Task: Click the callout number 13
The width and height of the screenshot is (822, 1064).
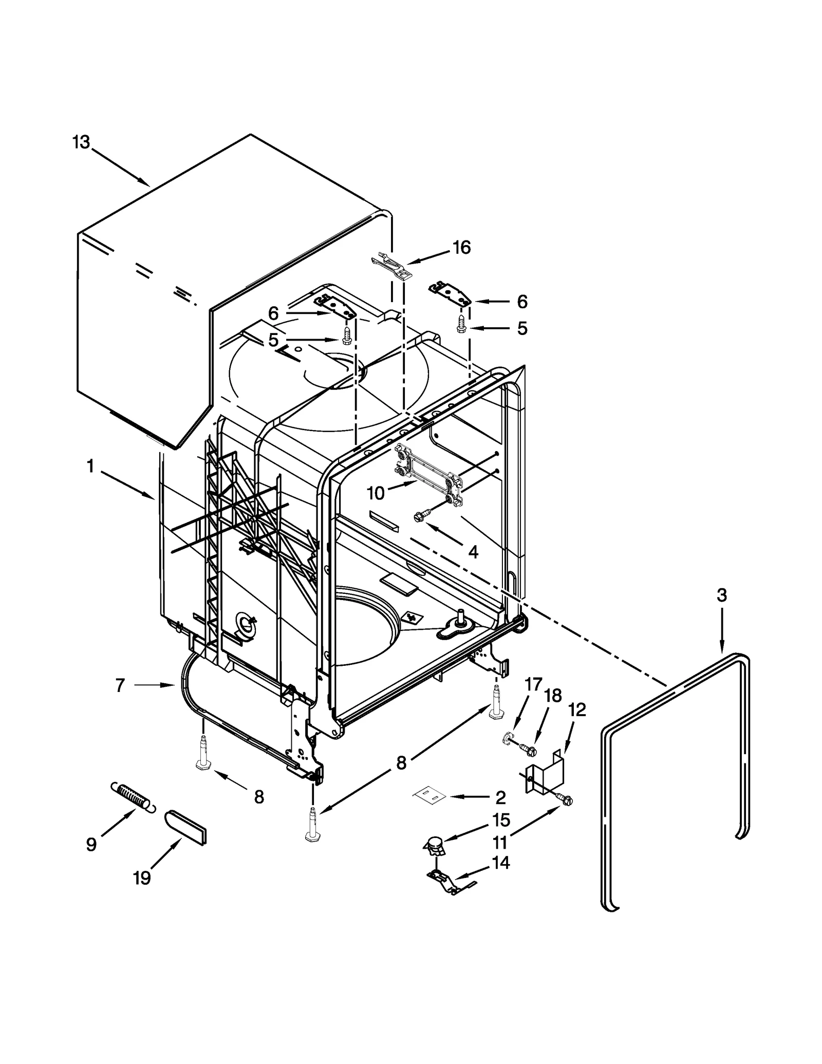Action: coord(81,142)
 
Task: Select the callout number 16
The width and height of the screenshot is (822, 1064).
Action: coord(462,248)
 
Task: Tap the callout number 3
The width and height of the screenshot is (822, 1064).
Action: coord(722,595)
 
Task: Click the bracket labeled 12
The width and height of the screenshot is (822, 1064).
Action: coord(546,775)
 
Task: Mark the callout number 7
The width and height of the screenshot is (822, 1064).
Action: coord(120,685)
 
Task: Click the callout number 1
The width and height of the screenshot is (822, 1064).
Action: coord(90,466)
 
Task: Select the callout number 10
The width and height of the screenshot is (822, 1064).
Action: coord(376,493)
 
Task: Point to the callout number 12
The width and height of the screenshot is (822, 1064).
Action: coord(577,710)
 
